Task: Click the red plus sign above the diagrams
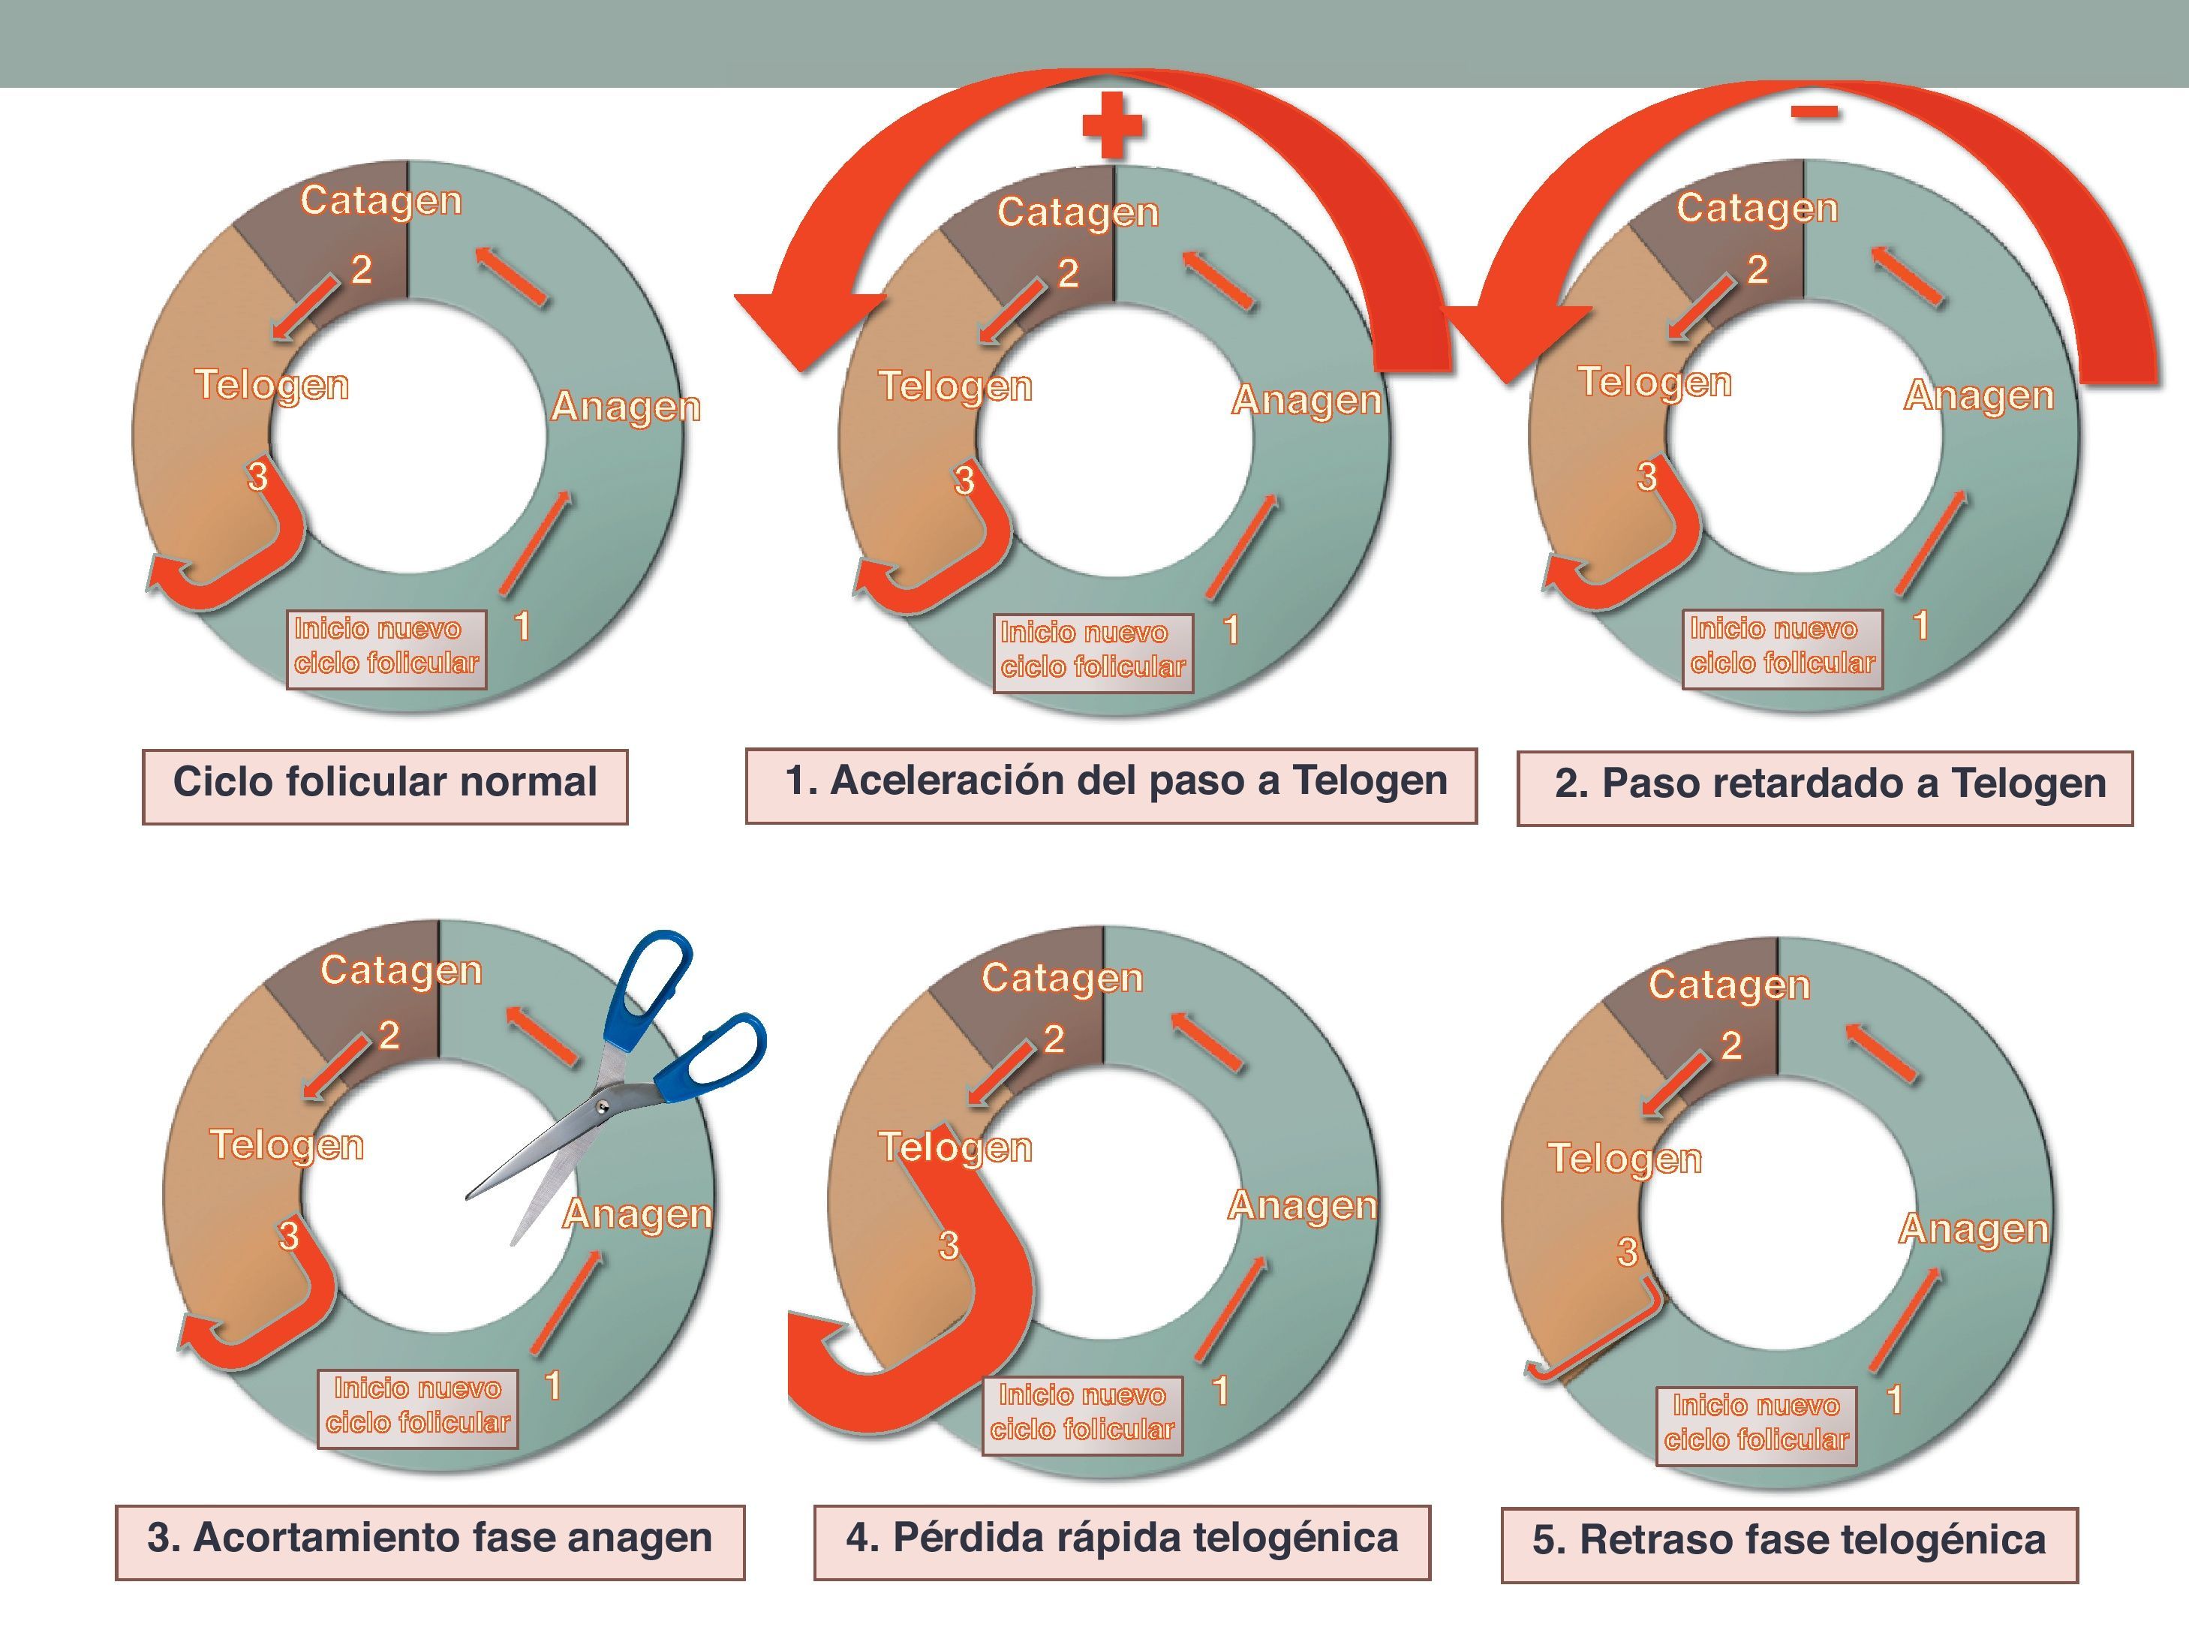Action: coord(1112,125)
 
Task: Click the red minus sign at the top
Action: coord(1814,112)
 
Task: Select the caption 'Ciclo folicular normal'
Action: coord(385,782)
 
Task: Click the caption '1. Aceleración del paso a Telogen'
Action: coord(1111,781)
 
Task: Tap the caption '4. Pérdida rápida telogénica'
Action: coord(1122,1538)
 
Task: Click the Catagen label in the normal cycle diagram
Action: coord(381,201)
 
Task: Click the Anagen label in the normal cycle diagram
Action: coord(625,407)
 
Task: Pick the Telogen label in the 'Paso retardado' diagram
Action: coord(1655,383)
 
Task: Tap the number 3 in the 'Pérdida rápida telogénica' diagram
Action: coord(948,1245)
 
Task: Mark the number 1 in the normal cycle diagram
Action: coord(522,626)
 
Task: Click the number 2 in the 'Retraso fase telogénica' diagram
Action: coord(1730,1045)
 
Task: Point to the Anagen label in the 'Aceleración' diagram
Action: coord(1306,401)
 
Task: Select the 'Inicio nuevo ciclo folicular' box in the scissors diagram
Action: coord(417,1406)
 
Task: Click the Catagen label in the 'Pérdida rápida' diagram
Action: coord(1062,978)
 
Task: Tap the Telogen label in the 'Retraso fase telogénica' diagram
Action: coord(1625,1159)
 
